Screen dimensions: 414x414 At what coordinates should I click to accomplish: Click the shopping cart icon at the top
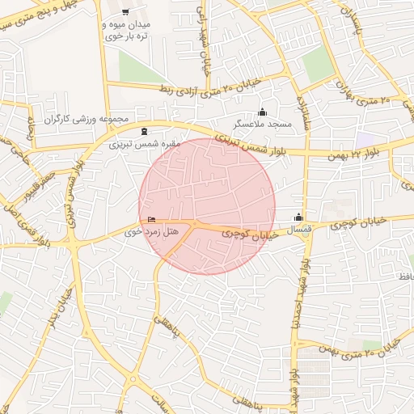tap(125, 12)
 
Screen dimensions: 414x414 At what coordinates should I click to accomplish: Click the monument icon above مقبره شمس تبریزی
tap(144, 132)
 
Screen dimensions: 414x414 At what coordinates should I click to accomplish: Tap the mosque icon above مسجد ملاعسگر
tap(261, 112)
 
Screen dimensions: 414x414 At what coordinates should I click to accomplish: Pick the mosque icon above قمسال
tap(299, 217)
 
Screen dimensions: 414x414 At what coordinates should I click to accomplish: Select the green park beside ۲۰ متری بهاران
tap(319, 64)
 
